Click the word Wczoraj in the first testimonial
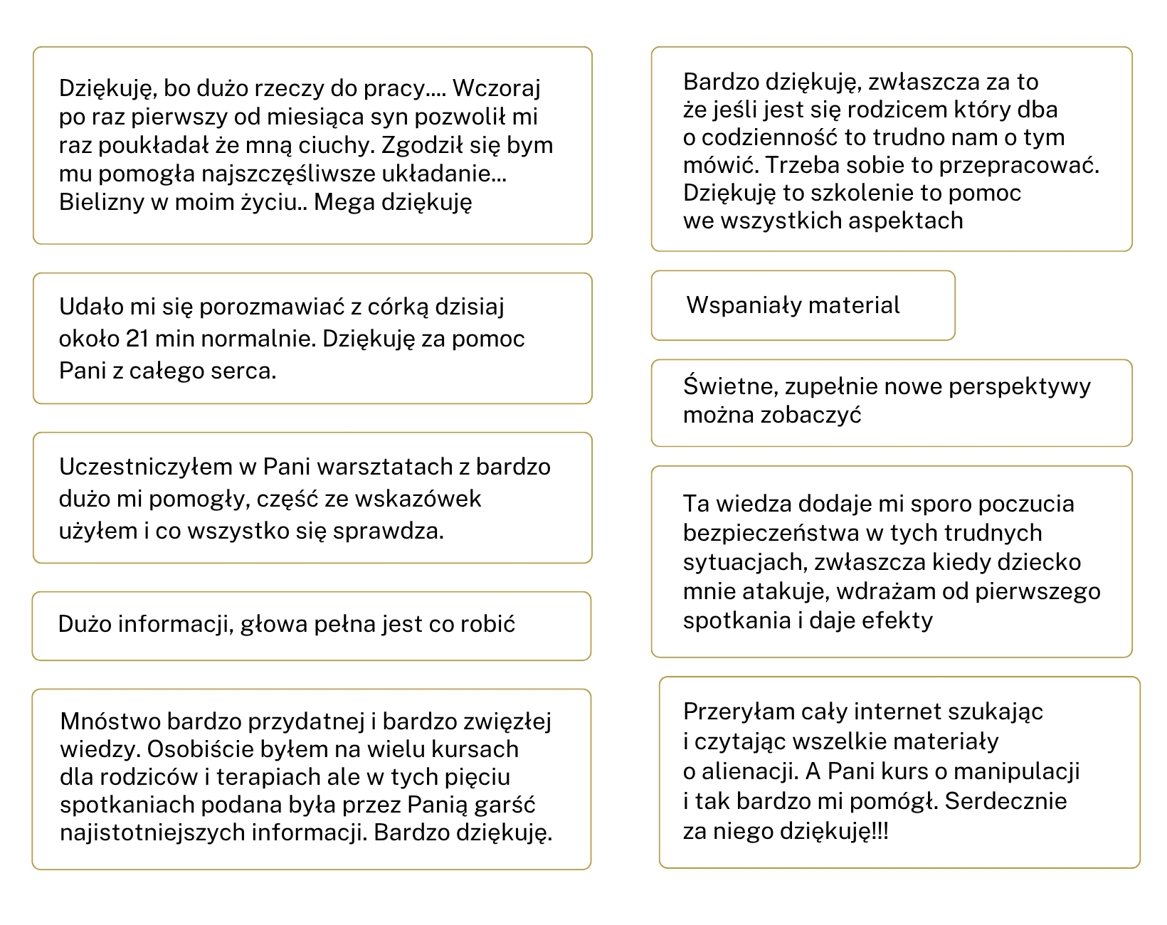(x=497, y=88)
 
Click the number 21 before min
(x=137, y=339)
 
